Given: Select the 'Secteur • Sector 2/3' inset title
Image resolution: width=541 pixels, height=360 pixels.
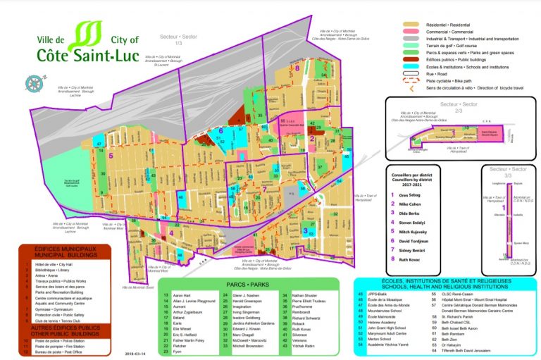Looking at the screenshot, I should [459, 105].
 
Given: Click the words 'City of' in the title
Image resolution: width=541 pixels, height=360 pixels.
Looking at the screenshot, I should [125, 40].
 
